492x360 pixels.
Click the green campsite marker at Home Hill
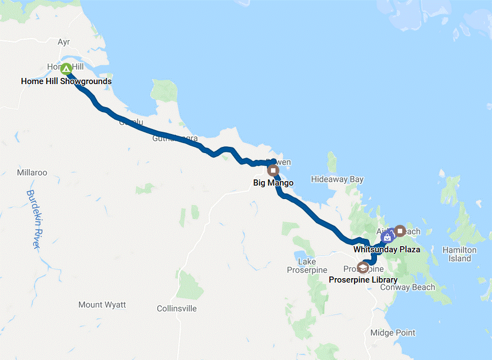(x=66, y=69)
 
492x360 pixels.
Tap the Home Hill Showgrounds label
(x=66, y=81)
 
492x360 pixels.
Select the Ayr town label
(x=64, y=42)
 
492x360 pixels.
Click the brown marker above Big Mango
(x=273, y=170)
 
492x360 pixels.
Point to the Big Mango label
(x=273, y=182)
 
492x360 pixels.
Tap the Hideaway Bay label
(x=337, y=179)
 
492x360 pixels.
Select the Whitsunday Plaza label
(x=387, y=249)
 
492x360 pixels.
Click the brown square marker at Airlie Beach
(x=400, y=230)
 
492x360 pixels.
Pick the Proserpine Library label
(x=363, y=280)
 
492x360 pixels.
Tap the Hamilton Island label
(x=459, y=254)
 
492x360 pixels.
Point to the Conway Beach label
(x=407, y=288)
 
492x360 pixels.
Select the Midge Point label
(x=393, y=333)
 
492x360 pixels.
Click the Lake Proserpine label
(x=307, y=266)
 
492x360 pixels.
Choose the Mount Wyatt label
(x=102, y=304)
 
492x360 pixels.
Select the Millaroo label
(x=32, y=172)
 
